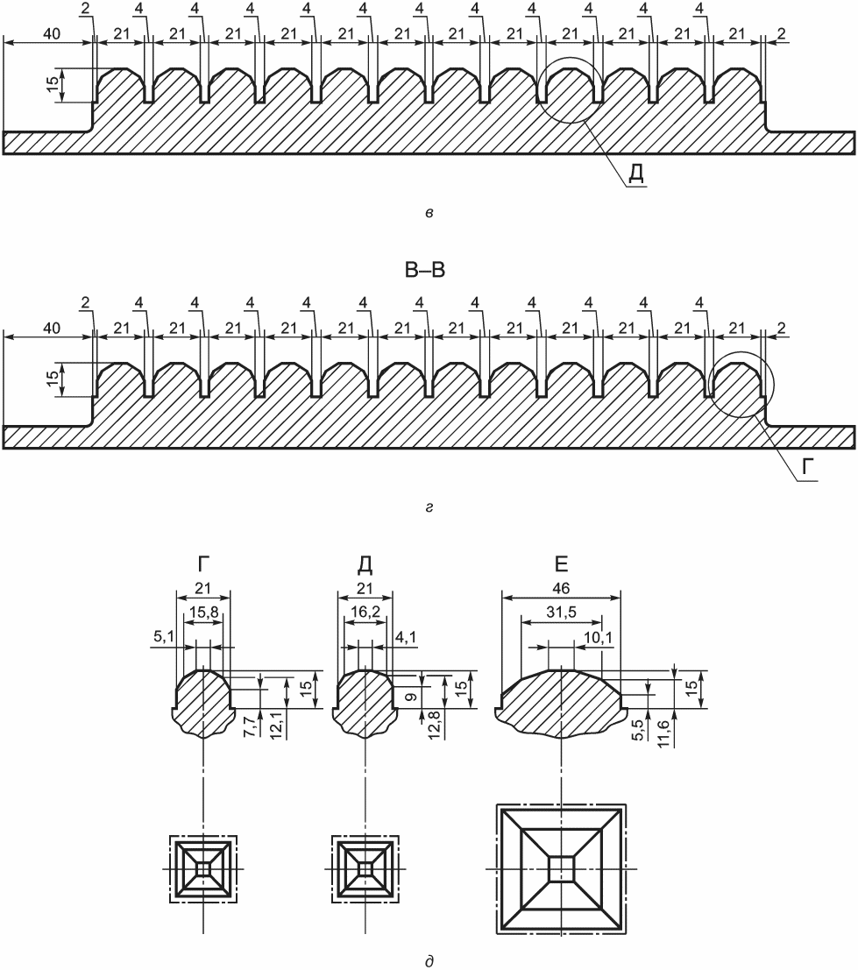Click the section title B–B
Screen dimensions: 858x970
(425, 271)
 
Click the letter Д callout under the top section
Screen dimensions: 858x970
(636, 173)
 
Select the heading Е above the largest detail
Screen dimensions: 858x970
(561, 564)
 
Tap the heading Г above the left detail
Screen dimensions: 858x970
(203, 564)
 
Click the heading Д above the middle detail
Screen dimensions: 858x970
(365, 565)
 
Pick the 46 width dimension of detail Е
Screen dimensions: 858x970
(561, 588)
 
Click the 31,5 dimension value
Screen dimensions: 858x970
(561, 612)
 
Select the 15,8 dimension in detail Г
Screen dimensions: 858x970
(203, 612)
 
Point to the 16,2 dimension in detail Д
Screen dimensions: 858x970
(365, 612)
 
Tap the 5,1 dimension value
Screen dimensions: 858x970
(164, 636)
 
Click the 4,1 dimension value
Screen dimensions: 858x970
(406, 636)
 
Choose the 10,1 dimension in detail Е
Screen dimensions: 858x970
(599, 636)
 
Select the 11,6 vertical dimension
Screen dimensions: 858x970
(663, 733)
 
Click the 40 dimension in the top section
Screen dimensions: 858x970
(52, 33)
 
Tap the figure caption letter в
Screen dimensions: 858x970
(429, 213)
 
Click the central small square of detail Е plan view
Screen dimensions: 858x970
(562, 868)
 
